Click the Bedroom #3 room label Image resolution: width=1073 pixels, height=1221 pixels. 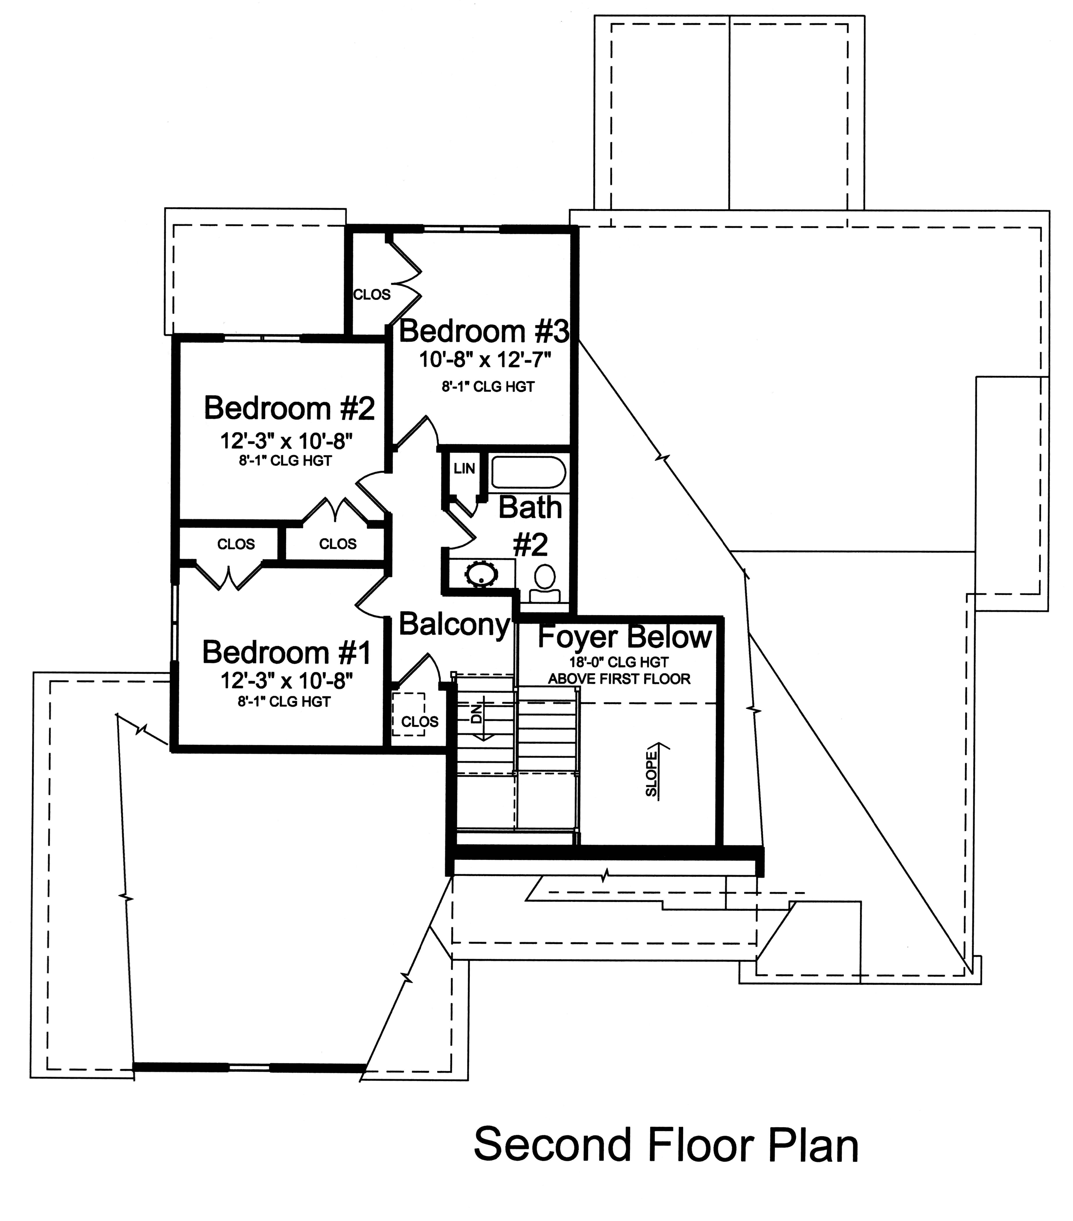coord(484,332)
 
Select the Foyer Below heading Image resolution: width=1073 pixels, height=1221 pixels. coord(625,637)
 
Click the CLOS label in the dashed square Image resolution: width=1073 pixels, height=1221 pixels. coord(420,722)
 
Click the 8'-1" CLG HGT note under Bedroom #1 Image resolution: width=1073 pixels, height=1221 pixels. coord(284,702)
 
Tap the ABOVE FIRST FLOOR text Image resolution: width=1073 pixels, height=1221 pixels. coord(619,679)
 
